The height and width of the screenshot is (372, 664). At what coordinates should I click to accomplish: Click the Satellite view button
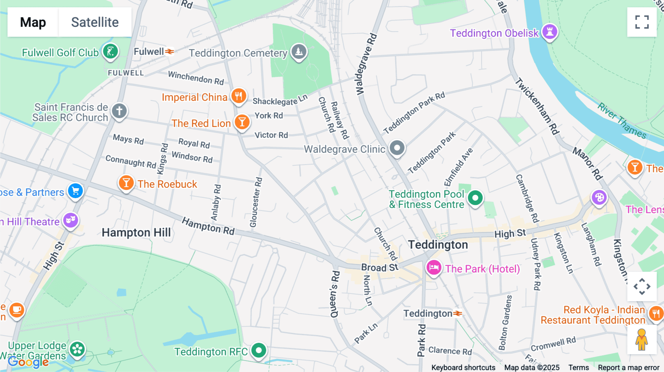95,22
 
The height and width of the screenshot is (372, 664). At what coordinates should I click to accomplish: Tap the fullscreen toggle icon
642,22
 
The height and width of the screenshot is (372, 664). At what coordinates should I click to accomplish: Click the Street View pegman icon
641,340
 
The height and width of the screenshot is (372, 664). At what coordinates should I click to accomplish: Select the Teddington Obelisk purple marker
550,32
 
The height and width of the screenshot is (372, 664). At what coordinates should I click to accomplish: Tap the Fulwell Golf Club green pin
110,51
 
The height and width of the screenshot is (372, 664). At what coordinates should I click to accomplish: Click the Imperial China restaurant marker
239,96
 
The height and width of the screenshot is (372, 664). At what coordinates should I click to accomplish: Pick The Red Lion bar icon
242,122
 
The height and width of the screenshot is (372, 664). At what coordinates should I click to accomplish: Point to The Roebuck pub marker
126,183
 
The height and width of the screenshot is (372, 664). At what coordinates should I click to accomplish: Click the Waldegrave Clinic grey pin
397,148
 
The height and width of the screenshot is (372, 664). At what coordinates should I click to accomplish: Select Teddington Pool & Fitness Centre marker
475,198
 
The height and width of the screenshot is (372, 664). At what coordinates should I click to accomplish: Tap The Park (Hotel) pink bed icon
434,268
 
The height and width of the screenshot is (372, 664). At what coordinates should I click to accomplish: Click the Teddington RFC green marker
259,350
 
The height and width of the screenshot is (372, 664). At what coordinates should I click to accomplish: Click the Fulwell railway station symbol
169,52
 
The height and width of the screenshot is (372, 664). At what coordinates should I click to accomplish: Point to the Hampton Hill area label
136,232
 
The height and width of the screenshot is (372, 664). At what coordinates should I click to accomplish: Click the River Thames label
622,121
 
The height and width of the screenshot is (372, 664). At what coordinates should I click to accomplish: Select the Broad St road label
380,267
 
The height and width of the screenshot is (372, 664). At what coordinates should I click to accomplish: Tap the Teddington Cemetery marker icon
299,52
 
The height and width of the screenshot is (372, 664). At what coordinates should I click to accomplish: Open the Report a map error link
629,368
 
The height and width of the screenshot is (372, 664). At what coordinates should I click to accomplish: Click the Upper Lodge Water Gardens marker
77,349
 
